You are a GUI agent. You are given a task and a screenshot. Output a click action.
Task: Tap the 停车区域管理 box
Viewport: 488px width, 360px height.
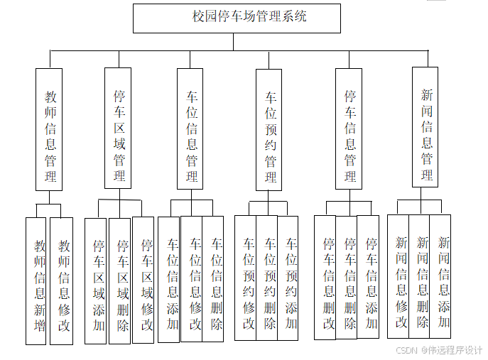point(118,128)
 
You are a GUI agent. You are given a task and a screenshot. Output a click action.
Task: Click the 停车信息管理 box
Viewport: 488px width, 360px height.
point(349,128)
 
